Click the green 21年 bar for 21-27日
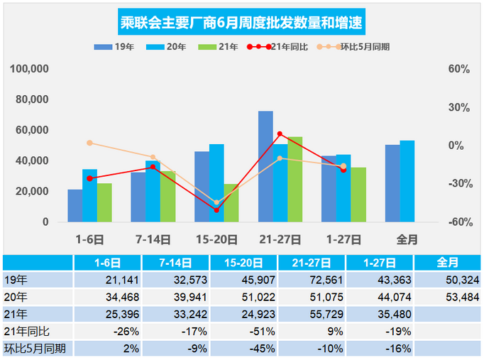click(x=295, y=179)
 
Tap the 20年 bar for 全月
click(x=407, y=181)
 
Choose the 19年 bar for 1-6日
click(x=75, y=205)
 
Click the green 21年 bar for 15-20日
click(x=231, y=202)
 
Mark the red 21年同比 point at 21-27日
click(x=280, y=133)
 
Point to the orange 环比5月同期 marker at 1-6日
click(x=89, y=143)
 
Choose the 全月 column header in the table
click(x=447, y=262)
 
